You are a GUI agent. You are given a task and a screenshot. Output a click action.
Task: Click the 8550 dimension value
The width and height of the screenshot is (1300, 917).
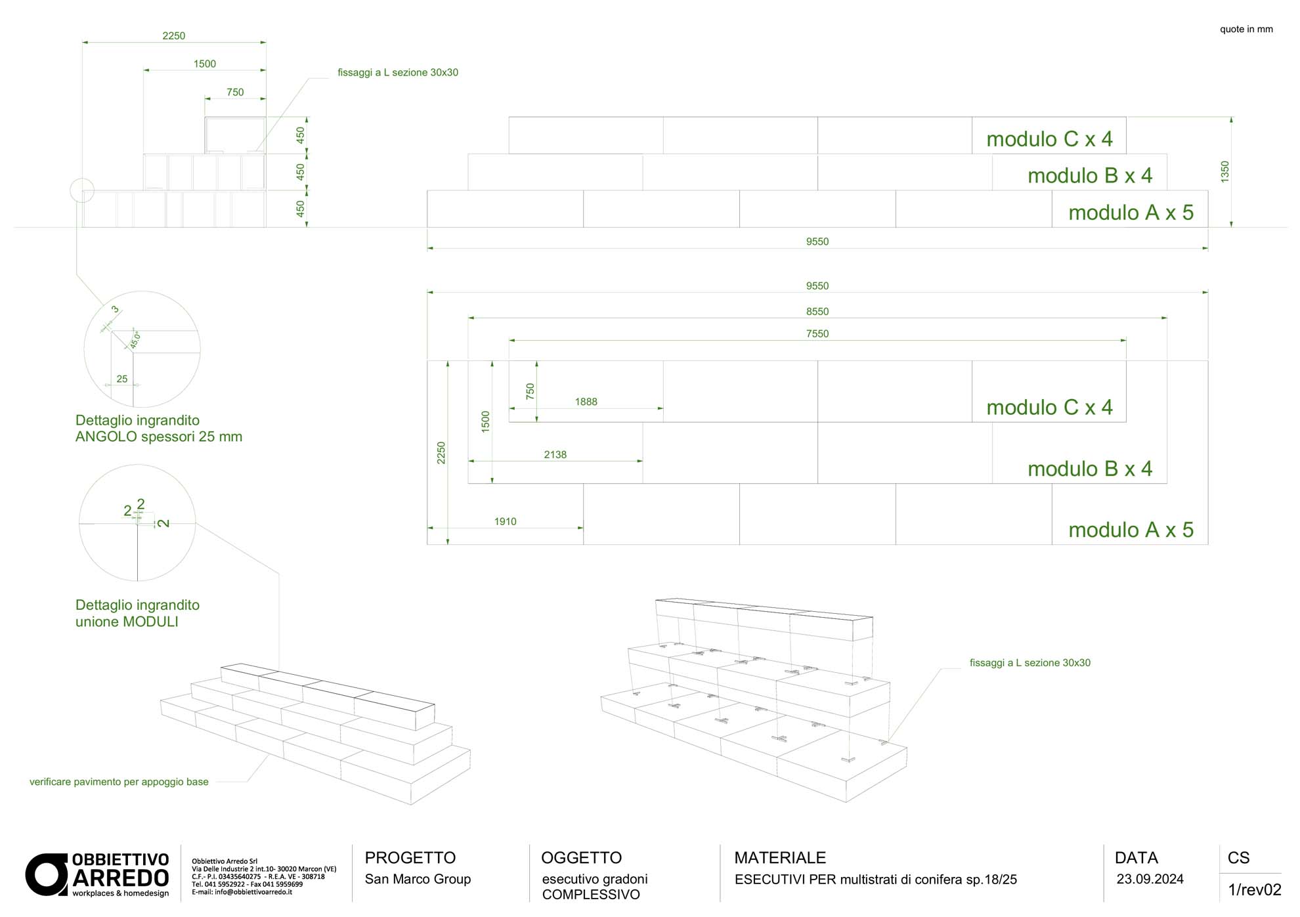[817, 312]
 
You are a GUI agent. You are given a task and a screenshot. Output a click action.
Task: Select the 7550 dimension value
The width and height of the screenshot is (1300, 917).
[817, 334]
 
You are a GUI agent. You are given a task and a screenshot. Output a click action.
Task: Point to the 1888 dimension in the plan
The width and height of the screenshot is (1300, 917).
[586, 402]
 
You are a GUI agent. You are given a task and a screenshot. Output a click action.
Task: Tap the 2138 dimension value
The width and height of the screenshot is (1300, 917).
[555, 454]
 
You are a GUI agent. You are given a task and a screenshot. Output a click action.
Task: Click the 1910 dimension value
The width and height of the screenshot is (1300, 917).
[506, 522]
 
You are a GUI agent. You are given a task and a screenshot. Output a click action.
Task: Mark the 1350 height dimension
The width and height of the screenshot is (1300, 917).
[1224, 172]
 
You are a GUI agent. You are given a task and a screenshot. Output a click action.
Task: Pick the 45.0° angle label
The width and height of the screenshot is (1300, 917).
[135, 340]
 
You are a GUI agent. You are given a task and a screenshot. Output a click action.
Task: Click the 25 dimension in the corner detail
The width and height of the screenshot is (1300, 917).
[122, 379]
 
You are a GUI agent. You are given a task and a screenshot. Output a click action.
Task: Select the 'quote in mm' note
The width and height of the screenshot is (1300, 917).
[1246, 29]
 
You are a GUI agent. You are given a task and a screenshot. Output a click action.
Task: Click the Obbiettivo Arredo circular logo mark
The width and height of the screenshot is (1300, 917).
[47, 874]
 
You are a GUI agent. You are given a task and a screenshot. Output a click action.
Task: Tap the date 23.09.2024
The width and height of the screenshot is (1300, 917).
[1150, 880]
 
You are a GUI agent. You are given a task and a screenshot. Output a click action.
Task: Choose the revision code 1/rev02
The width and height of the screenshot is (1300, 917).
[1255, 890]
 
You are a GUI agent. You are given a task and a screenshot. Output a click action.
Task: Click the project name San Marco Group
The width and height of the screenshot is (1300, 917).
[418, 879]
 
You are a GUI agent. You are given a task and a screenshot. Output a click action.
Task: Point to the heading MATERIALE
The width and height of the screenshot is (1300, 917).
[780, 858]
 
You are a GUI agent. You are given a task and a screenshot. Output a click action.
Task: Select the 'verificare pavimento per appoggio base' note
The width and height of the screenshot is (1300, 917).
[119, 782]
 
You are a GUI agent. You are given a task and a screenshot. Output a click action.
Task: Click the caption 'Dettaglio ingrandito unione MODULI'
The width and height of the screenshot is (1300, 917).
[137, 613]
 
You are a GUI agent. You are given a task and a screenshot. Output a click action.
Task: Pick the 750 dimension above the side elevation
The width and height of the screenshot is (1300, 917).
[235, 93]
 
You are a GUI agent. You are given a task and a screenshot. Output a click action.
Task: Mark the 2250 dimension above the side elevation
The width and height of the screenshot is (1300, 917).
[174, 36]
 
